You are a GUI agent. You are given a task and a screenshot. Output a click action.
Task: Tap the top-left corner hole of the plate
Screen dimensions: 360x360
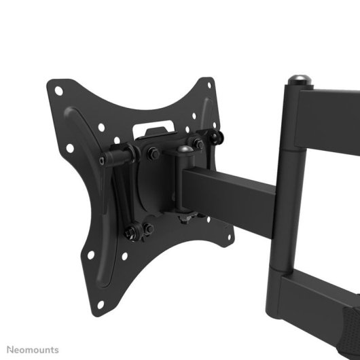(x=59, y=90)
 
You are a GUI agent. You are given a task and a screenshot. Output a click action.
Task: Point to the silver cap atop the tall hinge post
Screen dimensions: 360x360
(x=298, y=79)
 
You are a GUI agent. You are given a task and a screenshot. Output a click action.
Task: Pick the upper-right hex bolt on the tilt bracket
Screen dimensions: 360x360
(x=198, y=143)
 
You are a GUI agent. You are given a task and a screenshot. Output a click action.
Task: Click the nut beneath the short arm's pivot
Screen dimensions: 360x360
(x=183, y=218)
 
